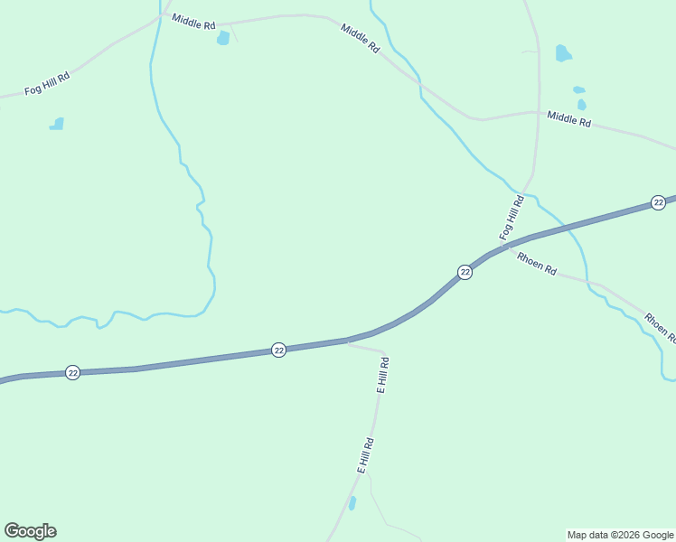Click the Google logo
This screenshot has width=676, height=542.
click(x=30, y=531)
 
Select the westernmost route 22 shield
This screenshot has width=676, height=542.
click(x=73, y=372)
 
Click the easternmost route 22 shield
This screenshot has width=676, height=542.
click(x=658, y=202)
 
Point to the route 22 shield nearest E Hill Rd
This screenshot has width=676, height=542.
click(x=278, y=350)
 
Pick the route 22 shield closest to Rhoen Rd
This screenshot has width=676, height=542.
click(x=465, y=272)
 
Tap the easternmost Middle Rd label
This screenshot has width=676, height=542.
click(x=568, y=119)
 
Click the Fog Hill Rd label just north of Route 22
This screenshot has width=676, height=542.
click(x=512, y=218)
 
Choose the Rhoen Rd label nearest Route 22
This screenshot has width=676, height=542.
click(x=536, y=265)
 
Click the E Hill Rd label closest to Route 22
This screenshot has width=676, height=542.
click(x=383, y=375)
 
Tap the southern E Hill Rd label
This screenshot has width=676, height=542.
click(x=365, y=455)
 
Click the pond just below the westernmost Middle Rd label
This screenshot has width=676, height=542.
click(x=223, y=38)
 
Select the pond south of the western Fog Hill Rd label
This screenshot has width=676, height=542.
click(x=57, y=124)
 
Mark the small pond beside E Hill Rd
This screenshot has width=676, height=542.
click(x=352, y=502)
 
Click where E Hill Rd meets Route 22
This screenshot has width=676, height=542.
click(x=348, y=341)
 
